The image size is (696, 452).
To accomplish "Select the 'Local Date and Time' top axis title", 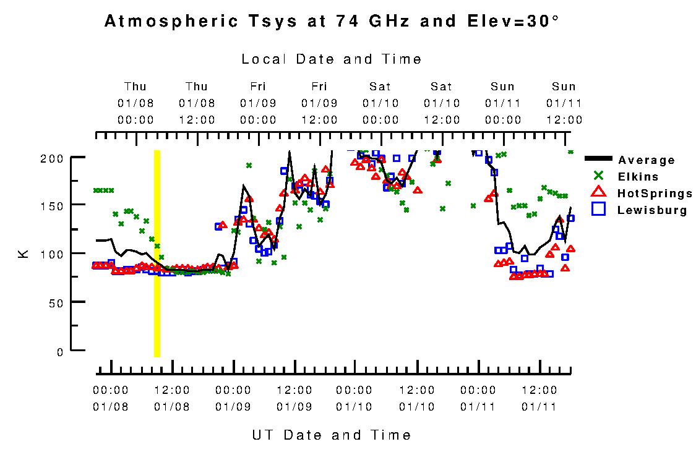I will click(332, 59).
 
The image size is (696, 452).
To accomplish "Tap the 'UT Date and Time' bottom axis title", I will click(332, 435).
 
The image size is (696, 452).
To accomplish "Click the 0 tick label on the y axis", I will click(59, 352).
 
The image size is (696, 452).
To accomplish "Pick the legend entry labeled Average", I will click(647, 160).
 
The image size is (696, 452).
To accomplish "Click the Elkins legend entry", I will click(637, 177).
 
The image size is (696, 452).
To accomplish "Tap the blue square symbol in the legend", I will click(598, 210).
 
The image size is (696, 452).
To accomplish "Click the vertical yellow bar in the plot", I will click(157, 254).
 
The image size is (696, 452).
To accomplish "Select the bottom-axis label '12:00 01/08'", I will click(171, 399).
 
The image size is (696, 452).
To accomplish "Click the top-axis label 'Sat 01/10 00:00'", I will click(380, 103).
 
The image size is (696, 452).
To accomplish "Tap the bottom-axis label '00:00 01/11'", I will click(478, 399).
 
